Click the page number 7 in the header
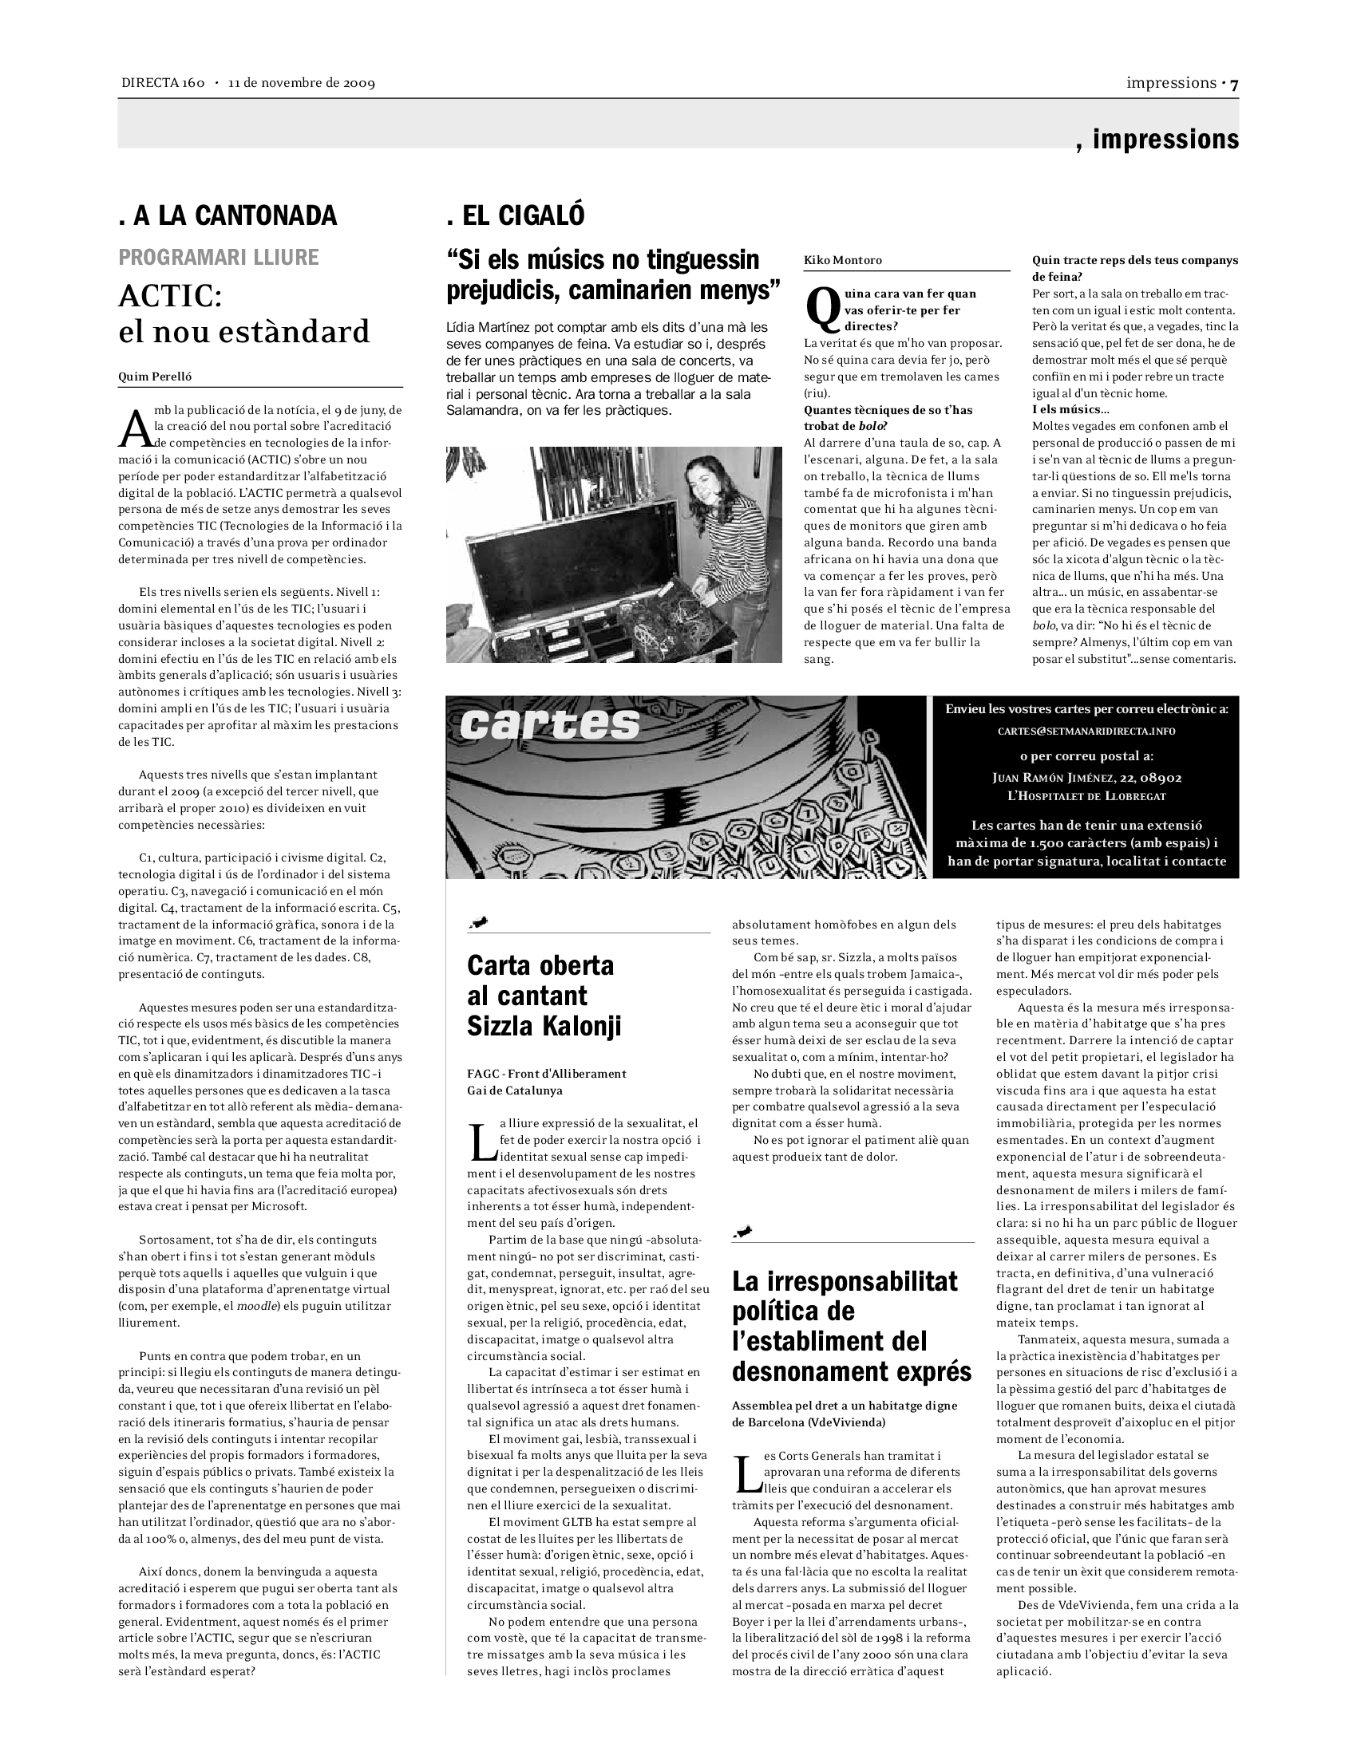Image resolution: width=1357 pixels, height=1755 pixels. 1233,84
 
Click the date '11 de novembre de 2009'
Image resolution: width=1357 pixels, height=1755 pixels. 302,84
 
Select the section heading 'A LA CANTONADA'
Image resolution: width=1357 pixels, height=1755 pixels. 235,215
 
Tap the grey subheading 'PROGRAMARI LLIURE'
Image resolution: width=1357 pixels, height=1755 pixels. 219,257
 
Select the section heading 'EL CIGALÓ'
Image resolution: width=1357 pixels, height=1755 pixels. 524,215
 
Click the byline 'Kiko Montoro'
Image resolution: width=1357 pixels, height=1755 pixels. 842,260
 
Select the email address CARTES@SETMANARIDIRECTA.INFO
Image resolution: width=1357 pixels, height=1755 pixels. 1086,732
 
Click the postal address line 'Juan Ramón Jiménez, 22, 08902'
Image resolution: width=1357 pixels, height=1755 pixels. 1087,778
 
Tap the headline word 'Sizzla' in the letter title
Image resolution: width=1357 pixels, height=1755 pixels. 502,1026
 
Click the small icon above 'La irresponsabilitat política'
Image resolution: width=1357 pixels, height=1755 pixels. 744,1232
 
